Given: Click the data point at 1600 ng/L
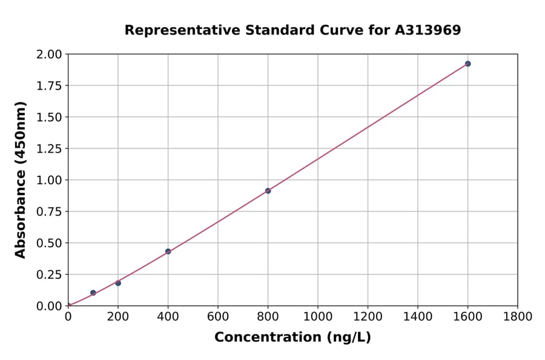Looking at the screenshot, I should click(467, 64).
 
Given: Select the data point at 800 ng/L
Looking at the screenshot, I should click(268, 191).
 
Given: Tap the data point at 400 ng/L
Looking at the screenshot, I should click(168, 252).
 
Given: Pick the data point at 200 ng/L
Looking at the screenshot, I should click(118, 283).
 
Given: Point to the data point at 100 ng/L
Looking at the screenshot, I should click(93, 293).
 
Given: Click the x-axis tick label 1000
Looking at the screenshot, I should click(317, 316).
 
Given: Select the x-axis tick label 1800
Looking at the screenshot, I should click(517, 316).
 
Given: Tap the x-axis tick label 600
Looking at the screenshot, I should click(217, 316).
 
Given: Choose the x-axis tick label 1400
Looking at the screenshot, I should click(417, 316).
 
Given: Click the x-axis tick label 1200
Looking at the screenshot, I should click(368, 316).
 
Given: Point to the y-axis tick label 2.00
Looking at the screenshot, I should click(49, 55).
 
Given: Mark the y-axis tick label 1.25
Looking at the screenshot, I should click(49, 149).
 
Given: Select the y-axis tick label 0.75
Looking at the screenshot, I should click(49, 212).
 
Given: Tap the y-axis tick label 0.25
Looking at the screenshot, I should click(49, 275).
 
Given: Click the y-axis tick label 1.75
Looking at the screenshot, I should click(49, 86).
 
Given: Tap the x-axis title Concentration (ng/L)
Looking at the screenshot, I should click(292, 338).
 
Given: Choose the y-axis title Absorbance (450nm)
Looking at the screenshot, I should click(21, 180).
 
